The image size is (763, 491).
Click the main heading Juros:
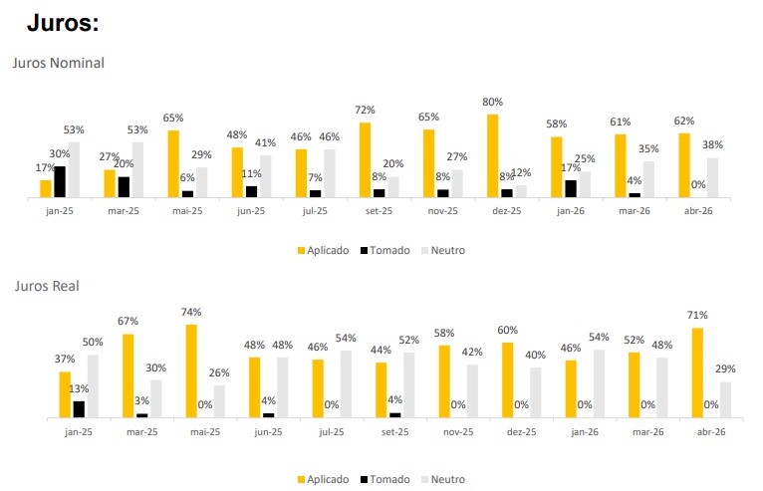68,23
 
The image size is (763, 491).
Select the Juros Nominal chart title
58,63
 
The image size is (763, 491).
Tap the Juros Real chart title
47,286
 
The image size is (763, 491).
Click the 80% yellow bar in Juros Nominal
492,156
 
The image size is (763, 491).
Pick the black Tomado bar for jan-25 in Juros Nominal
60,182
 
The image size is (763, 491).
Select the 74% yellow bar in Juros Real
190,370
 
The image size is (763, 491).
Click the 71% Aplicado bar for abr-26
698,372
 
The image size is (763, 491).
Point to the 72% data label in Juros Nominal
365,110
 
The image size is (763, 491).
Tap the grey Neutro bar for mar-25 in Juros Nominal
137,170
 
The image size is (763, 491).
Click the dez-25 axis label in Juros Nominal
506,211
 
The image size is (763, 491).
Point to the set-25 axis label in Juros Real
394,431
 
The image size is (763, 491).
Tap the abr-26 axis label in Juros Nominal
698,211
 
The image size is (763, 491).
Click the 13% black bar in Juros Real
79,408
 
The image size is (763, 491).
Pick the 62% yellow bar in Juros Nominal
684,166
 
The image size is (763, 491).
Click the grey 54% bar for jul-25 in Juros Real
346,383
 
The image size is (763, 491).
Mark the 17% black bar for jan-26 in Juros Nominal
571,189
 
